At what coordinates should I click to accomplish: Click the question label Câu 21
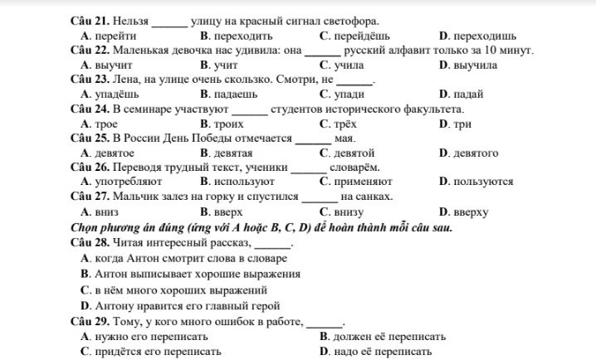tap(90, 20)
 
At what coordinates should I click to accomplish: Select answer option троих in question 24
tap(228, 124)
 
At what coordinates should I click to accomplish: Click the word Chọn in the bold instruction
tap(85, 226)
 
